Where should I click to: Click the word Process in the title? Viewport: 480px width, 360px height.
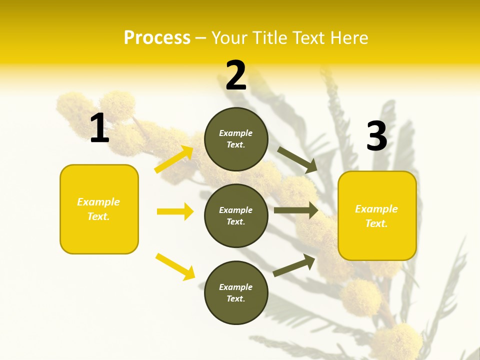tap(157, 37)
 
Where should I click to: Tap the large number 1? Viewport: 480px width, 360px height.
tap(99, 128)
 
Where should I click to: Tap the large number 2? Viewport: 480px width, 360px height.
tap(236, 75)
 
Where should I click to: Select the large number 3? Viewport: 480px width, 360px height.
tap(376, 136)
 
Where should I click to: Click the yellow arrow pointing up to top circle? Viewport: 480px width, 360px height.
tap(174, 159)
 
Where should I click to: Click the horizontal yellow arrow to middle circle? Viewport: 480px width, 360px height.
tap(175, 211)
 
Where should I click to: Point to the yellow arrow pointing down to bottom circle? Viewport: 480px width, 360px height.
tap(175, 266)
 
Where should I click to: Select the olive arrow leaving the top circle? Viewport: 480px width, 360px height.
tap(297, 160)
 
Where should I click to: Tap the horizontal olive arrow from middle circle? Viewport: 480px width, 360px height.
tap(296, 210)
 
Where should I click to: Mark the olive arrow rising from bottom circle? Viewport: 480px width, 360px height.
tap(294, 265)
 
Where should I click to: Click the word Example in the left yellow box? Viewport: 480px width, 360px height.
tap(98, 202)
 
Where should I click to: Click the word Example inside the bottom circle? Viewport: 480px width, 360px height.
tap(235, 287)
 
